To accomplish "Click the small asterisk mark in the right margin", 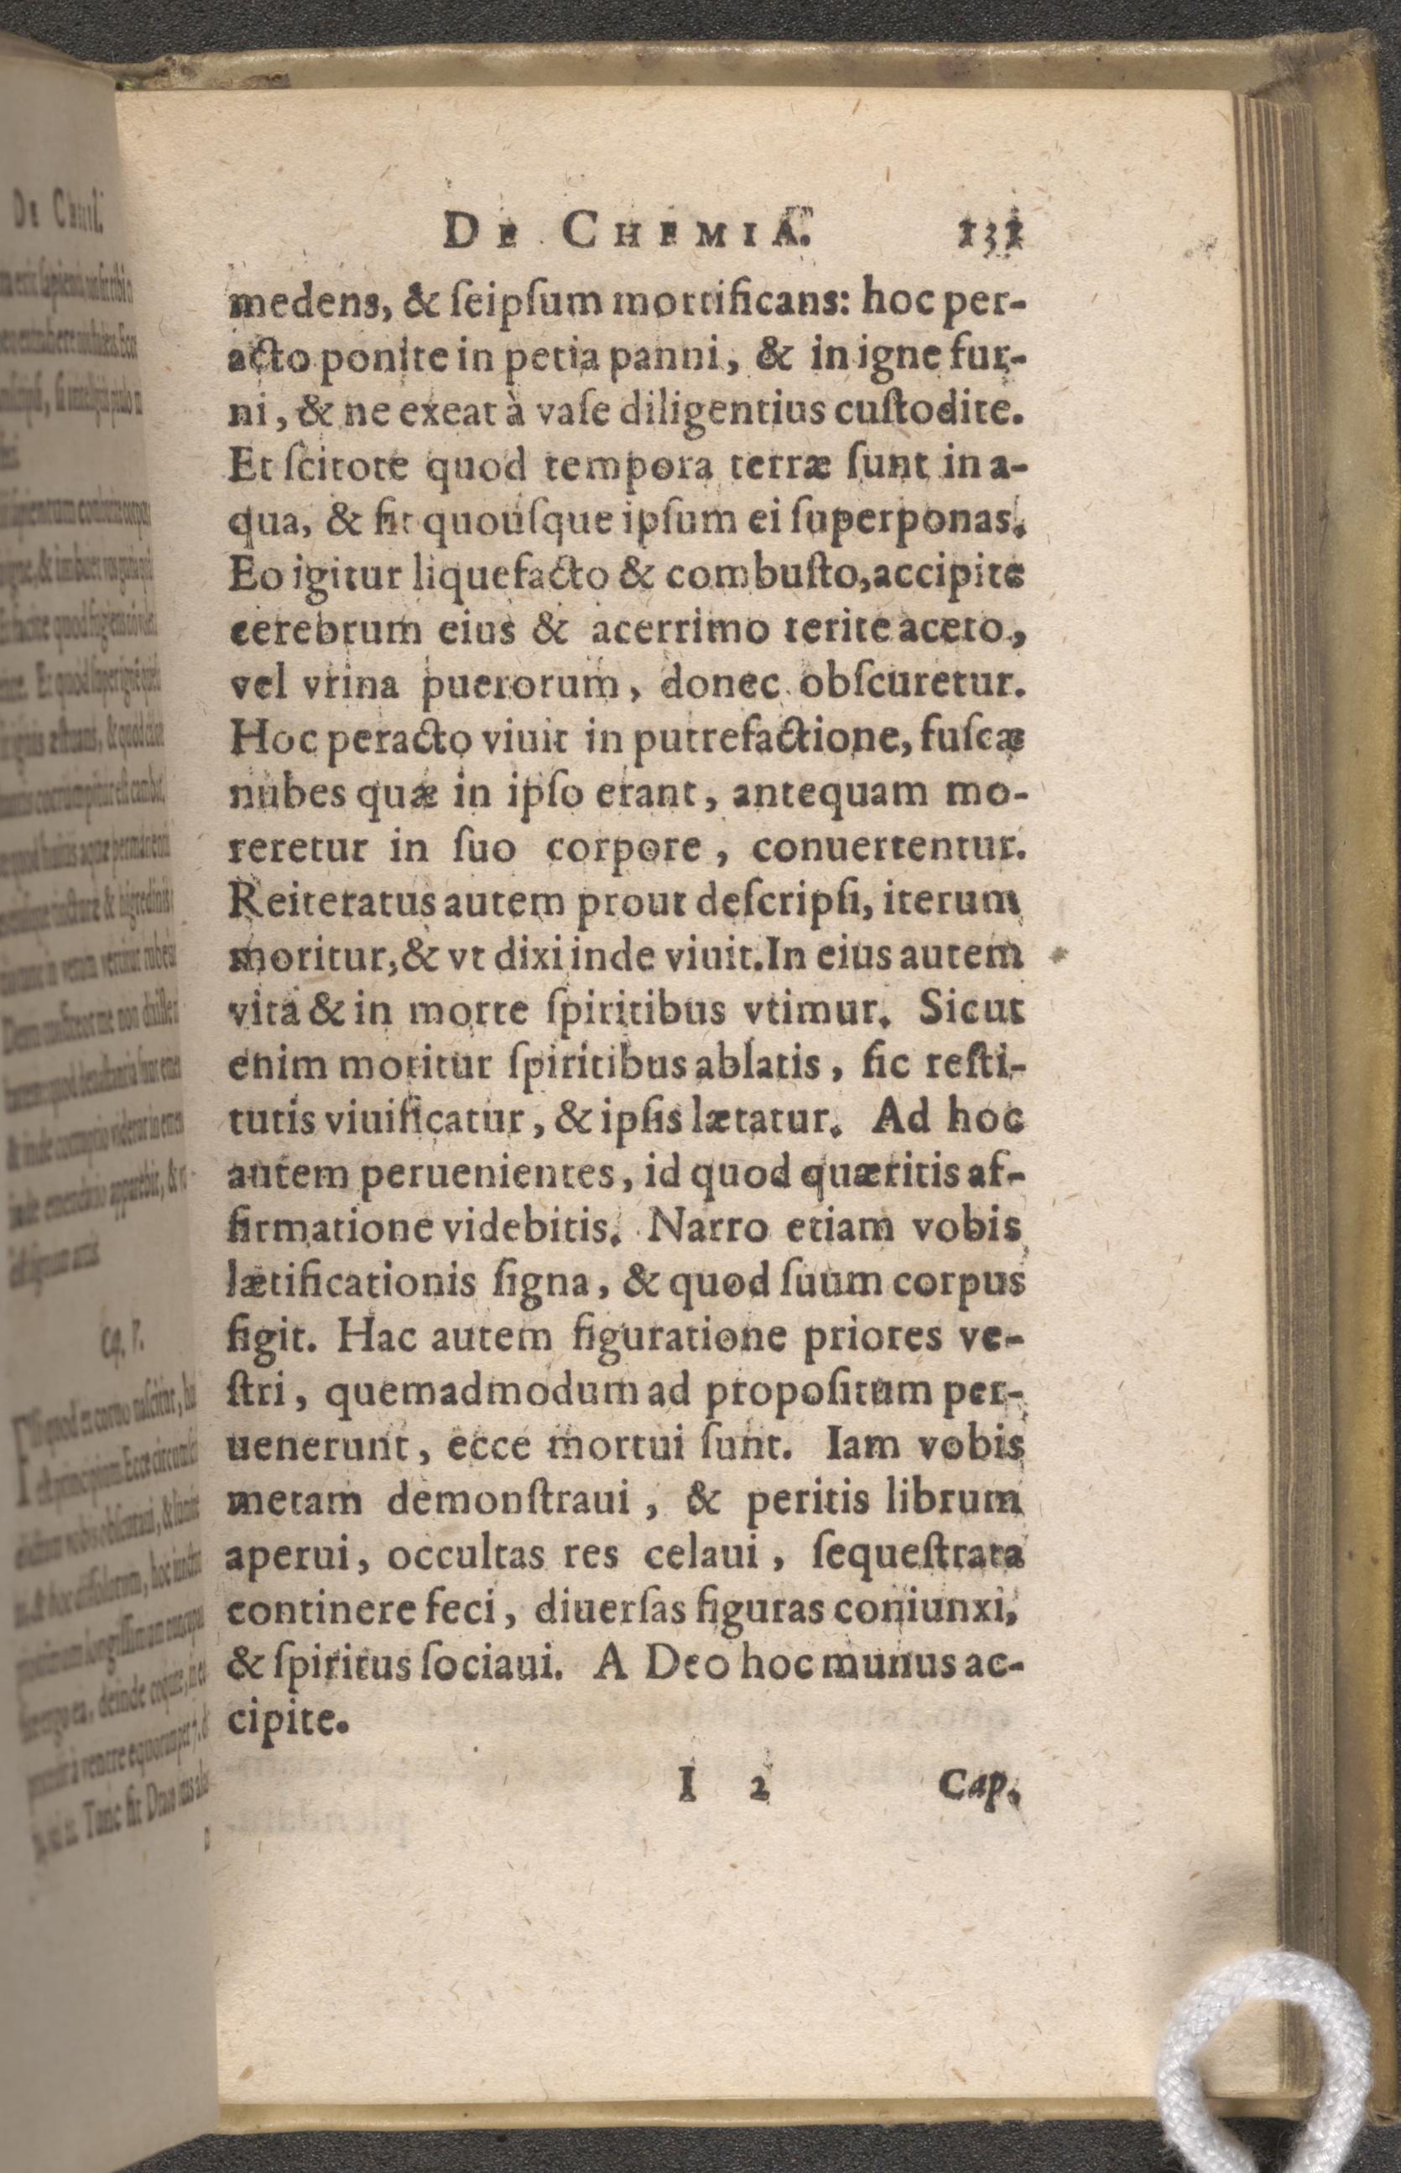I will [x=1059, y=956].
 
